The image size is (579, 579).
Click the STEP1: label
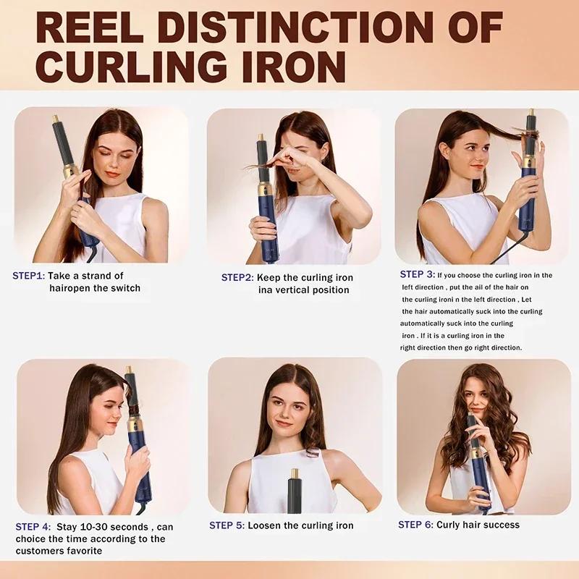pos(29,276)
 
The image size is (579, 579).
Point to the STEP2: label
pos(237,277)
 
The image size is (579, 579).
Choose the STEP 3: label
pos(417,274)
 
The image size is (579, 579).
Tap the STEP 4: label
pos(33,527)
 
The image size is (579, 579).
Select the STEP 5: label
pos(227,525)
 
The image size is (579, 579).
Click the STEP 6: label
pos(415,525)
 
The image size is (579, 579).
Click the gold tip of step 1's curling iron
pos(56,118)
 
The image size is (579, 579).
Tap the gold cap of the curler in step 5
pos(295,475)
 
